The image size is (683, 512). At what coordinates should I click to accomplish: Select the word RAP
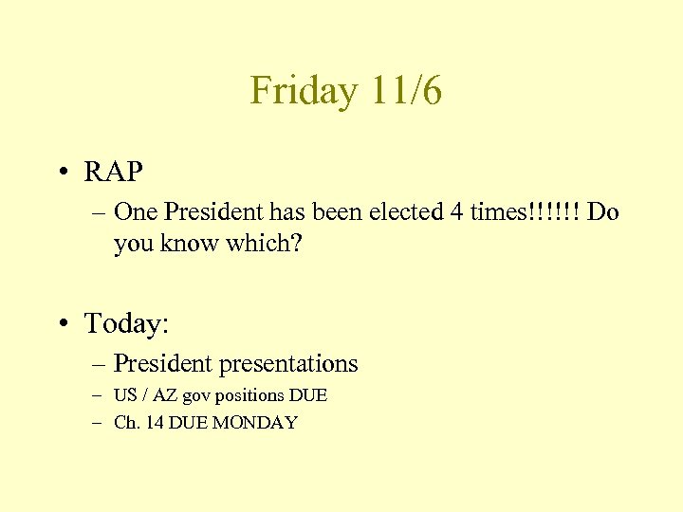click(114, 172)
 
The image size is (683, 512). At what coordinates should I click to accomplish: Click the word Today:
click(127, 324)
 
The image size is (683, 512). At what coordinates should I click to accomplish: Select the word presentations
click(288, 363)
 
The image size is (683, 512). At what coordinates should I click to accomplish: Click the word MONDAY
click(254, 423)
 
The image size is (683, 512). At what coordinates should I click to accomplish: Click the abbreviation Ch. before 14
click(125, 423)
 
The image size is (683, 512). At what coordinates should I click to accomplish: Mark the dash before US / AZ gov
click(98, 395)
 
